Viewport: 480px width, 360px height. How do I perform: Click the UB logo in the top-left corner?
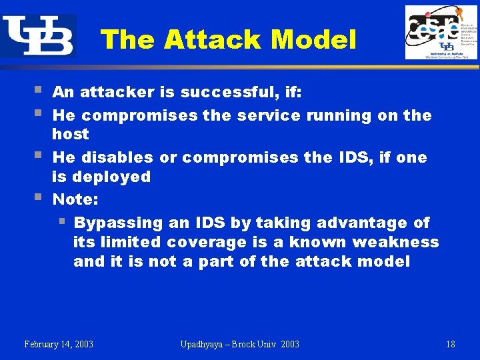click(x=38, y=36)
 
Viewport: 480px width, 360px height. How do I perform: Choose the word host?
click(x=70, y=134)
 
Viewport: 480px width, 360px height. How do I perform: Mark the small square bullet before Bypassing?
click(x=61, y=221)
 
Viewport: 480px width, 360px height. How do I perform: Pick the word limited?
click(x=131, y=242)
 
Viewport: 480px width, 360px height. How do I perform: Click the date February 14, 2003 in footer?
click(x=59, y=344)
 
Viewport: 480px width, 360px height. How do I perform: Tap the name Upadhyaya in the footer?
click(x=204, y=344)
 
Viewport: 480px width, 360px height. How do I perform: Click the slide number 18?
click(x=451, y=344)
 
